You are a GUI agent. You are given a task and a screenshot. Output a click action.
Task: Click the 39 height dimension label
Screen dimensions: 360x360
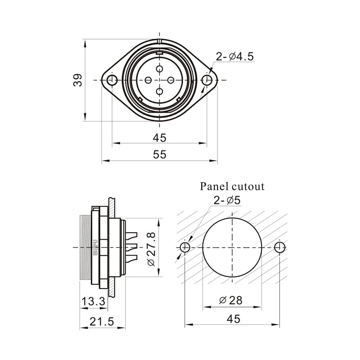(x=78, y=80)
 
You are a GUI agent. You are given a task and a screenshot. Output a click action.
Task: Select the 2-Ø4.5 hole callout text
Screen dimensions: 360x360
(x=234, y=57)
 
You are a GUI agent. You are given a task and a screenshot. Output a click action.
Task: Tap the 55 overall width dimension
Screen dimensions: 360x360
(x=159, y=154)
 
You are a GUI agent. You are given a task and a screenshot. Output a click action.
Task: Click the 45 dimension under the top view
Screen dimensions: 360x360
(x=159, y=138)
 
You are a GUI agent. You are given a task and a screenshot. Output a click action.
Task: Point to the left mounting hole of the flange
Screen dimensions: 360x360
(x=112, y=80)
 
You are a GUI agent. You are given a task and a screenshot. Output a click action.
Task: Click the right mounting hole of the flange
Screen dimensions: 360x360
(x=207, y=80)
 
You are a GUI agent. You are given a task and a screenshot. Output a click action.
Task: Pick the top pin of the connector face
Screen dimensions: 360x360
(x=160, y=69)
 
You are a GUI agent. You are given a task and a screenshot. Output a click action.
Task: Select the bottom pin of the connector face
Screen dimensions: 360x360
(x=160, y=91)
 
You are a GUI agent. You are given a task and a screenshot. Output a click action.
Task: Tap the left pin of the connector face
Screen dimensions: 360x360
(x=148, y=80)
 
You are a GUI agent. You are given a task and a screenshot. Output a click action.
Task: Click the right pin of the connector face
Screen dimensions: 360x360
(x=171, y=80)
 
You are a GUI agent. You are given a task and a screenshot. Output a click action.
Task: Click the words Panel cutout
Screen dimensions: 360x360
(x=232, y=186)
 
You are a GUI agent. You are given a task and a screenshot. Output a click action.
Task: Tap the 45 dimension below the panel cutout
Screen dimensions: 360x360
(x=233, y=319)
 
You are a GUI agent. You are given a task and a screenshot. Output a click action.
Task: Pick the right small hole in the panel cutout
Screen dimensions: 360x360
(x=280, y=247)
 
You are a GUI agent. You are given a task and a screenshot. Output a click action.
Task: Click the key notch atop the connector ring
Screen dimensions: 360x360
(x=159, y=41)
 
